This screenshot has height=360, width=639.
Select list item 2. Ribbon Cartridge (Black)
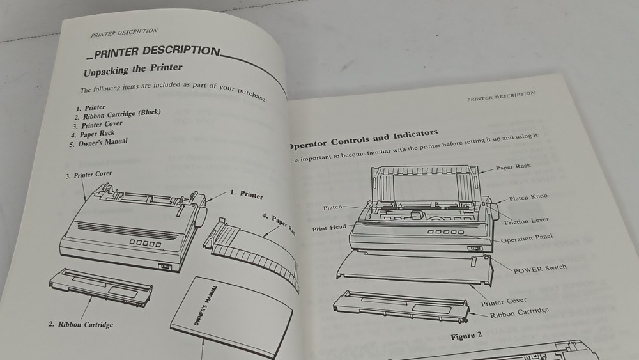point(118,115)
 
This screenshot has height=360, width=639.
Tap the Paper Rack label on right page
point(513,167)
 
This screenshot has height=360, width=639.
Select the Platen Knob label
point(528,198)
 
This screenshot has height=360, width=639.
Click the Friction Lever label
point(527,221)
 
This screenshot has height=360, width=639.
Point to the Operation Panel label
point(527,239)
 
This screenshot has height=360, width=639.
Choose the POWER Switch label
point(540,269)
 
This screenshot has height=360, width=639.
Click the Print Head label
point(329,228)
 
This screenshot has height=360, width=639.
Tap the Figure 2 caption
point(465,335)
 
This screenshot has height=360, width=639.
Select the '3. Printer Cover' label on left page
point(89,175)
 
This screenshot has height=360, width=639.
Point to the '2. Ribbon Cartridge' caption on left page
point(81,324)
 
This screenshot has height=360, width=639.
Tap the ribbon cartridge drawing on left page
point(101,287)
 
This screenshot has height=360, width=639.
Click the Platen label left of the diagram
point(333,207)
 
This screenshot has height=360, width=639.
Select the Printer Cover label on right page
point(504,301)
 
